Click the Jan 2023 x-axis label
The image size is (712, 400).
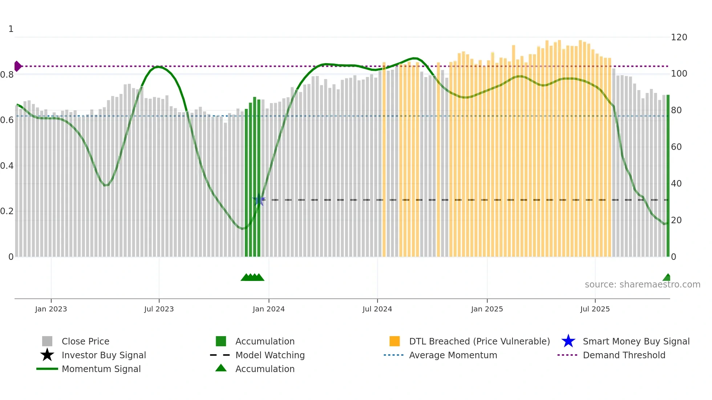tap(51, 309)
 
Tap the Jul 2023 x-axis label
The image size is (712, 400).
tap(159, 309)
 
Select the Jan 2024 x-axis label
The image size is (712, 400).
tap(268, 309)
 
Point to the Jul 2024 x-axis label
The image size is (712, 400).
tap(377, 309)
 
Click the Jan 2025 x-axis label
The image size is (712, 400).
tap(487, 309)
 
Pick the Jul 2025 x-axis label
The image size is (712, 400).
tap(595, 309)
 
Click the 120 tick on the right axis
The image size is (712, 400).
tap(679, 37)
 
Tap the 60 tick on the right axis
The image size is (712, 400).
tap(676, 147)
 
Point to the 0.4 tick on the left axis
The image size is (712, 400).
tap(7, 166)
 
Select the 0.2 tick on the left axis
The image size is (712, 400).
tap(7, 211)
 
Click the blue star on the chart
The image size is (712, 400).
tap(259, 200)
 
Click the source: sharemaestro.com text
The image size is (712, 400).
tap(642, 285)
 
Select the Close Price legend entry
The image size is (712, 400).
tap(85, 341)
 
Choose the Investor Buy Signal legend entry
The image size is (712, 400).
tap(104, 355)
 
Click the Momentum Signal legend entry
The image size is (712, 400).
tap(101, 369)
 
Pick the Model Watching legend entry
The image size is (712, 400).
tap(270, 355)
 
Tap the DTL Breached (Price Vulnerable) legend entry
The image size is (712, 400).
tap(479, 341)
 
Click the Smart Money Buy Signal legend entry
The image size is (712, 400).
tap(636, 341)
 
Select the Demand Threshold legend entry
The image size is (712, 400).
tap(624, 355)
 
